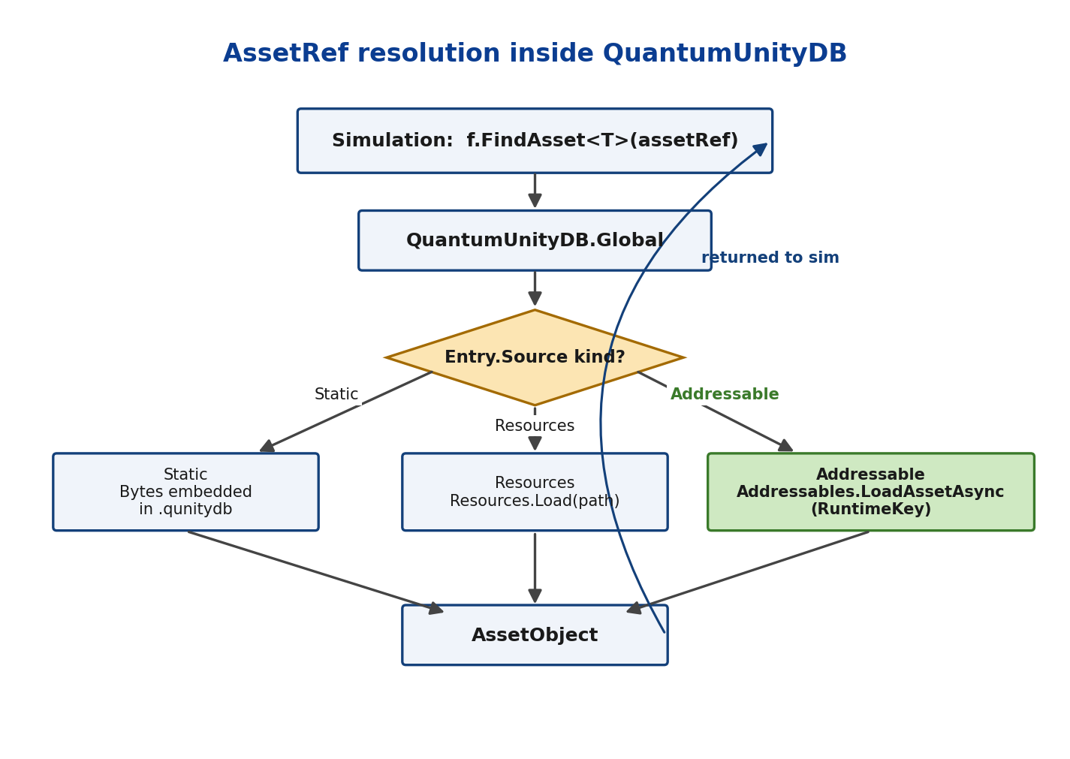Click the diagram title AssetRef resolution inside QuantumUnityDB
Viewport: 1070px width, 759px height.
535,53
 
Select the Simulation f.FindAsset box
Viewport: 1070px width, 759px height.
535,141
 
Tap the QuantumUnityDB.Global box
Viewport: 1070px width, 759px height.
535,240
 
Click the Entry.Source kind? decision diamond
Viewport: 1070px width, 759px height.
535,357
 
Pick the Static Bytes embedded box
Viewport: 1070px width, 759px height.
185,492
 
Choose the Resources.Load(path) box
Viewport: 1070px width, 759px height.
535,492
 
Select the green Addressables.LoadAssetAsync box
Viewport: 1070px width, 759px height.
870,492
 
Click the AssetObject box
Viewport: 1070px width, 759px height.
535,635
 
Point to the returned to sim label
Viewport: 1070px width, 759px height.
770,258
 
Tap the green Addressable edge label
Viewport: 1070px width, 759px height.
725,394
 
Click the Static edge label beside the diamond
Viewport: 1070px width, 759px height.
336,394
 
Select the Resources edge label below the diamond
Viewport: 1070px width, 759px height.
535,426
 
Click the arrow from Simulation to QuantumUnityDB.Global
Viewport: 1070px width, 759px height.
535,191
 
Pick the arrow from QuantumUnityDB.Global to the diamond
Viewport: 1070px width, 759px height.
535,288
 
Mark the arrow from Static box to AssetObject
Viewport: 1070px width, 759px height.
315,572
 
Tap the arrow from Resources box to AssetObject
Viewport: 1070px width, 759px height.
535,568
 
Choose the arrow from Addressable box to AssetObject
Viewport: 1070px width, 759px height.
748,572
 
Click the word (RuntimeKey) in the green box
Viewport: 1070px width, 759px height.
871,509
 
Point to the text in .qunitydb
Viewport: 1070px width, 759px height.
185,509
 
